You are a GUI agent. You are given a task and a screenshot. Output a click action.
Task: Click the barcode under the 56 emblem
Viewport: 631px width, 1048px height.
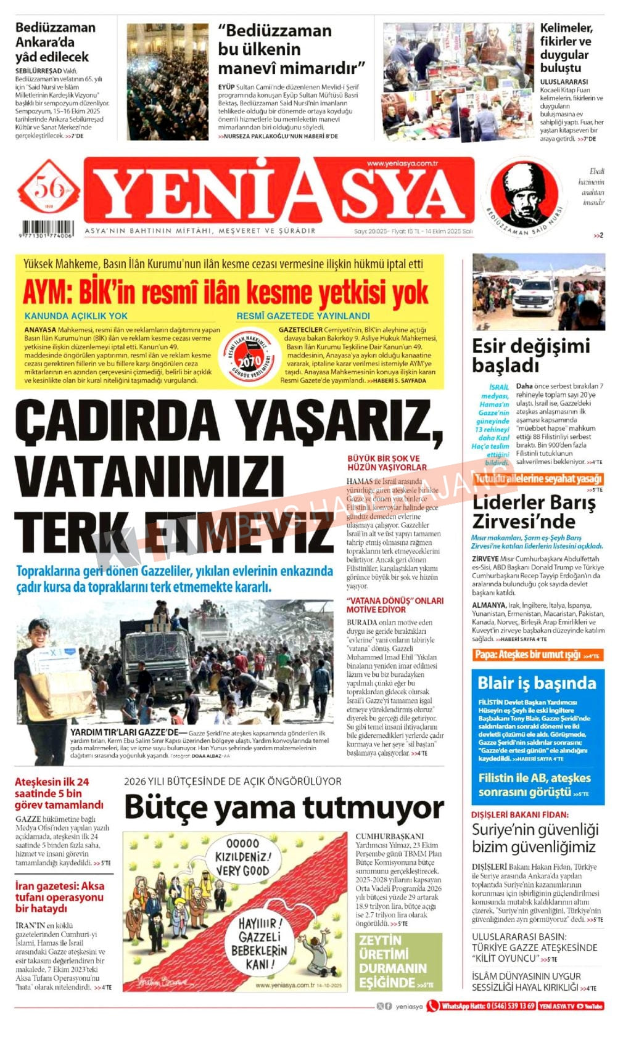tap(46, 229)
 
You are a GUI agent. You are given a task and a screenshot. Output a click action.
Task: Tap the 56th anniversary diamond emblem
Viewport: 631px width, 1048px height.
tap(48, 189)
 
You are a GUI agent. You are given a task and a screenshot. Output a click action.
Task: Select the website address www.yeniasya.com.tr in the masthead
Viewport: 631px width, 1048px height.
tap(402, 163)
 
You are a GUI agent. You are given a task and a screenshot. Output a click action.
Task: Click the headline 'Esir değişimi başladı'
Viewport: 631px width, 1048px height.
tap(530, 355)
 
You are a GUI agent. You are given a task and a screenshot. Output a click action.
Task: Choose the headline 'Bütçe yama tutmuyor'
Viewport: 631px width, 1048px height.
tap(284, 808)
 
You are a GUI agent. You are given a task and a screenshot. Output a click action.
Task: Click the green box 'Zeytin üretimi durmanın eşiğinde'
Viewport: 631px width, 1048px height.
tap(398, 960)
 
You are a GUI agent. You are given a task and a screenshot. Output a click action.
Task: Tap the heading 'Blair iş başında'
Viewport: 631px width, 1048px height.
tap(537, 683)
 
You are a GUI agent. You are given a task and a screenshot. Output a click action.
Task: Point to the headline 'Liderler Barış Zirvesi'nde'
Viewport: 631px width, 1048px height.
tap(534, 512)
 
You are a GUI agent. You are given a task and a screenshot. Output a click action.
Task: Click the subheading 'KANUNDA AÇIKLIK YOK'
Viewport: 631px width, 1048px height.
tap(76, 316)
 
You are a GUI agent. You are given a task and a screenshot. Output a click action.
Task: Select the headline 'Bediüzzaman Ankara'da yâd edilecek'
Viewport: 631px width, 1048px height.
tap(56, 42)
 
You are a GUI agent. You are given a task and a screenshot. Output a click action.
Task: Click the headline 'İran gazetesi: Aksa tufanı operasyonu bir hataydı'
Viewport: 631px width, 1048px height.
tap(60, 897)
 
